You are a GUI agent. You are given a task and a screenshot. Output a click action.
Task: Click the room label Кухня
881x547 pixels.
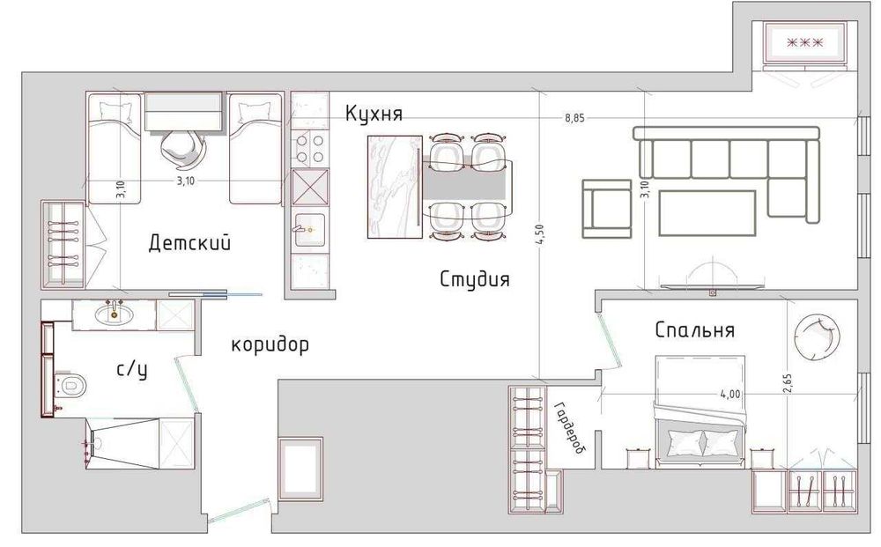374,114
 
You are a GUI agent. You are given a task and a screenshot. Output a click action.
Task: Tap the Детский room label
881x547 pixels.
190,243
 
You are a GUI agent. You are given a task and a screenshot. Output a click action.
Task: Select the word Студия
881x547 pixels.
475,279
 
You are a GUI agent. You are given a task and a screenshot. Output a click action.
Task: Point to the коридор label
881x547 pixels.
270,344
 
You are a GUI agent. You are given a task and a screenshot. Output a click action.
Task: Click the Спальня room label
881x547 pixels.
695,329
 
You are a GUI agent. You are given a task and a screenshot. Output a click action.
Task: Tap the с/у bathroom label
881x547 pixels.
132,369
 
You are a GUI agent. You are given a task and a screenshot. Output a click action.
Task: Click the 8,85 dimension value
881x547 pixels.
574,118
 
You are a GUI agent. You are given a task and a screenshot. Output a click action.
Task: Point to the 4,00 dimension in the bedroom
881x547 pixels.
729,395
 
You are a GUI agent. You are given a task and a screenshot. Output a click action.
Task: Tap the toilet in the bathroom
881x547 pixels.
71,385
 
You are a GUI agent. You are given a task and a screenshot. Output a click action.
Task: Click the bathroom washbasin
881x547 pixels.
115,314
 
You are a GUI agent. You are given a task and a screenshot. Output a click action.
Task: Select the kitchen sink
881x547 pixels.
309,230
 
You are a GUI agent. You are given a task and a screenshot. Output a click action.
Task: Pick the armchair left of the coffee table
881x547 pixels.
606,210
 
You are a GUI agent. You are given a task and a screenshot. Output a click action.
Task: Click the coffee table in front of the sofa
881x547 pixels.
707,213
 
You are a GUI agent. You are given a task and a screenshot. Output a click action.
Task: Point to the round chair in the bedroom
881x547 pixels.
818,337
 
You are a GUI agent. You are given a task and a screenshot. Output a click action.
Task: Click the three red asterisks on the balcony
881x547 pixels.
804,42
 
